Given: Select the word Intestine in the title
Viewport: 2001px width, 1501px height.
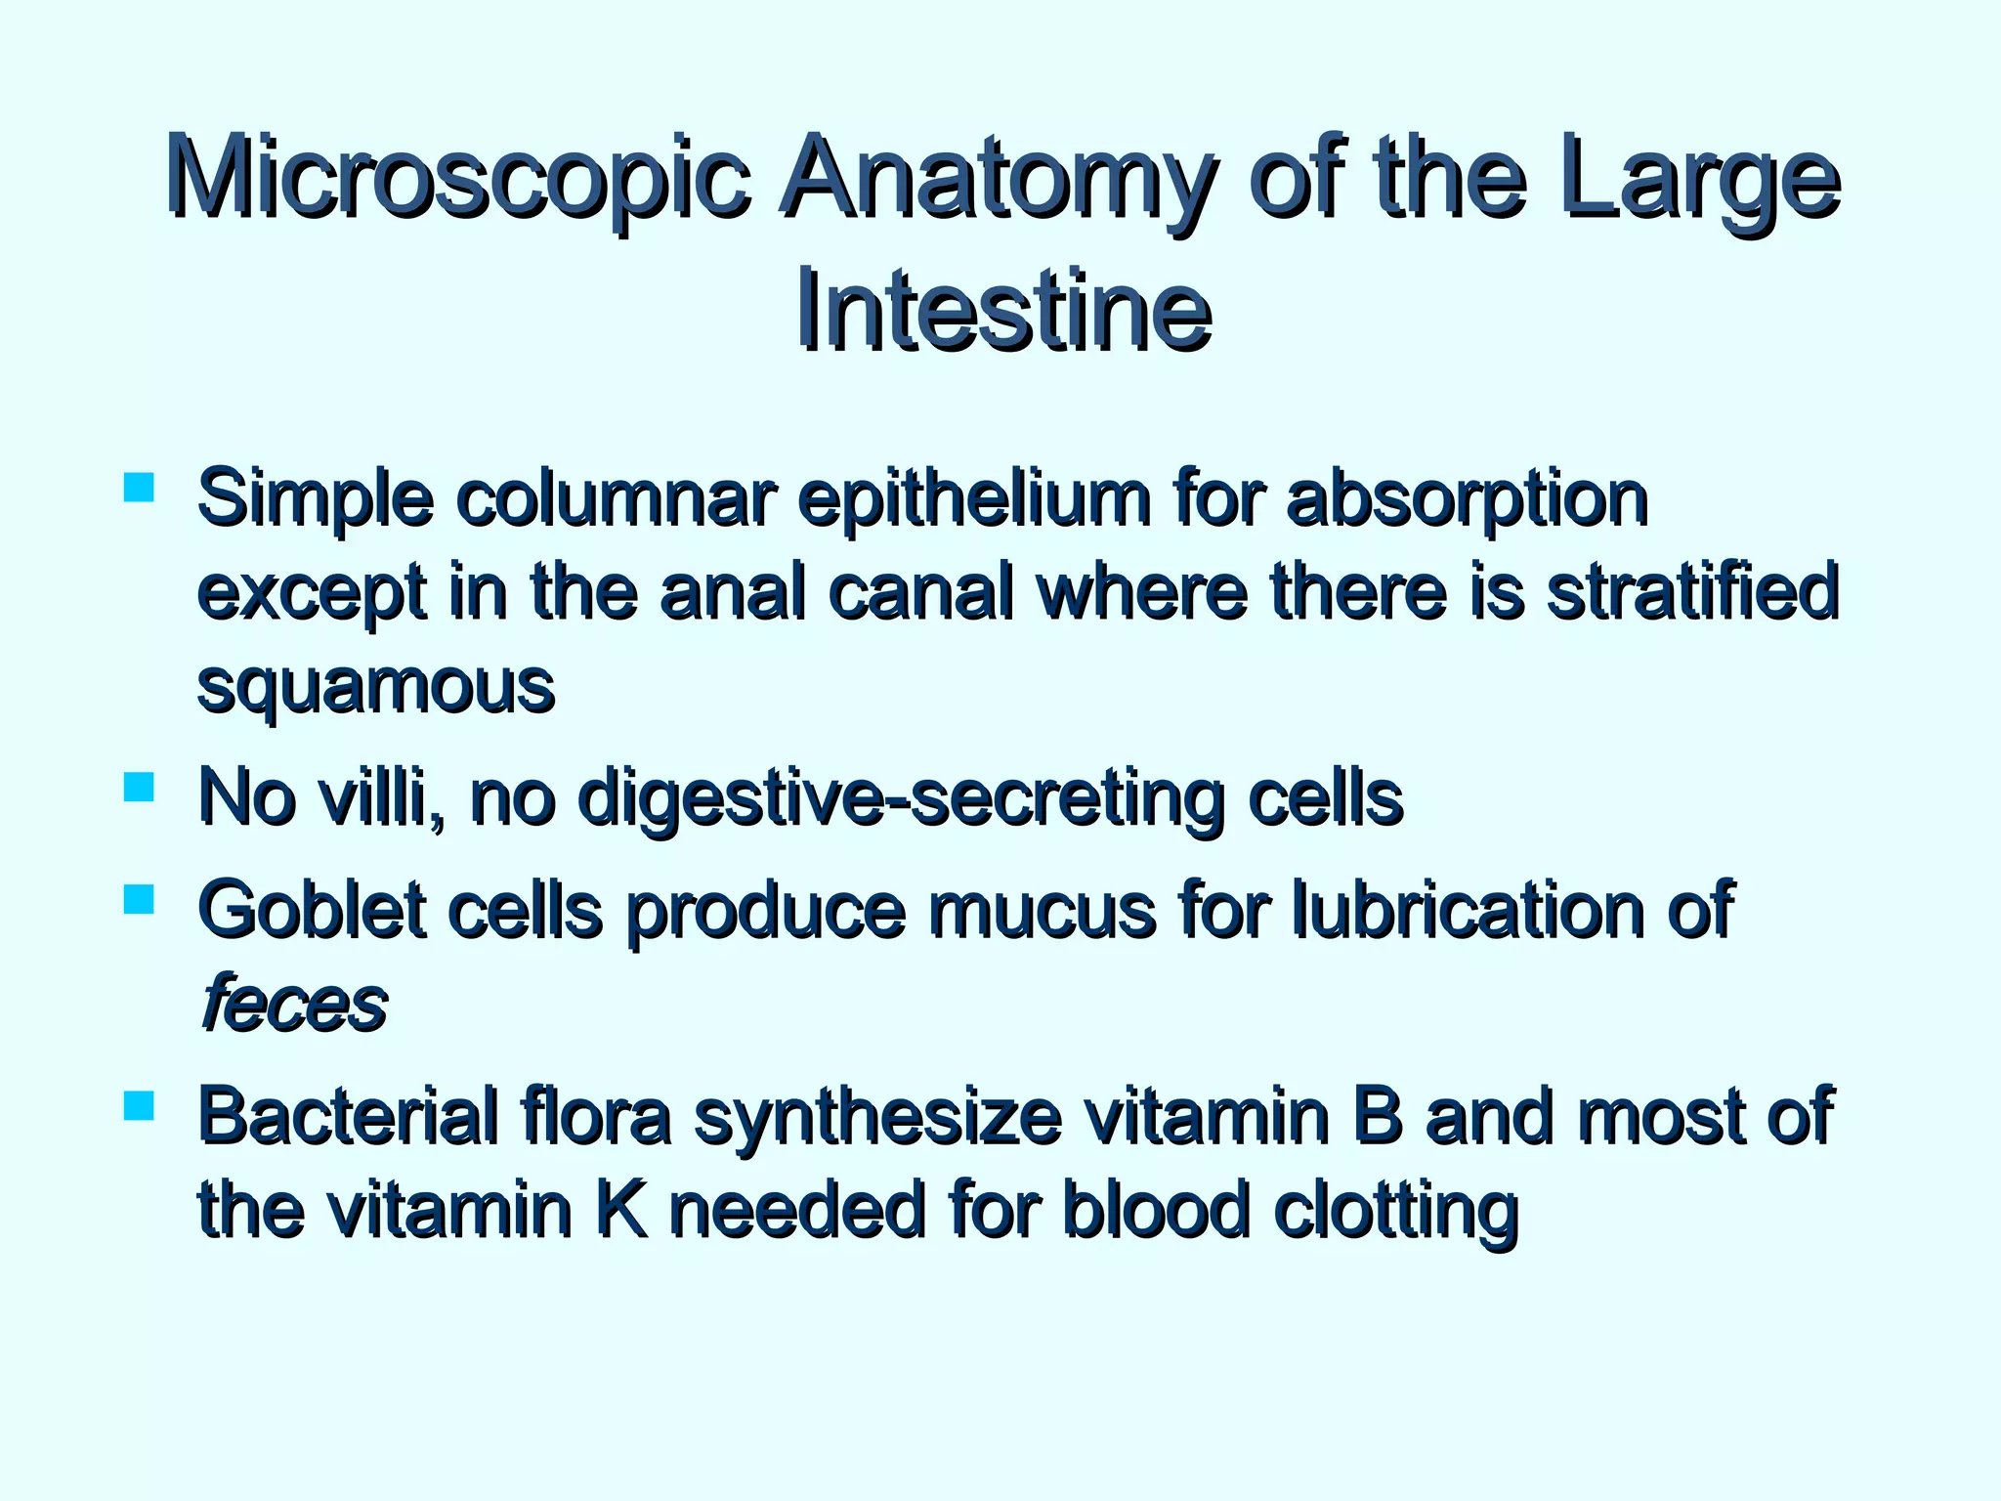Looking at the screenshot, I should (x=1002, y=311).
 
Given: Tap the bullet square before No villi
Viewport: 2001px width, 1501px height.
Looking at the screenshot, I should (x=140, y=788).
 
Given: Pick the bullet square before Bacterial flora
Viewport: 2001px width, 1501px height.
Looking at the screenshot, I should (x=140, y=1105).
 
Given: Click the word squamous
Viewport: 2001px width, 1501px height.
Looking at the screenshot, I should (x=376, y=686).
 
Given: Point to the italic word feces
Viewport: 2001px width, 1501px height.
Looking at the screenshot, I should (x=294, y=1005).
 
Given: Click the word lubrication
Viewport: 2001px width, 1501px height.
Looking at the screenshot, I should (x=1465, y=910).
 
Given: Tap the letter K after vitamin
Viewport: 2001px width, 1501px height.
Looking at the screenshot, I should (x=621, y=1210).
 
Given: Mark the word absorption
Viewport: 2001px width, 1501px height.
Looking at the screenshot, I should (x=1467, y=500).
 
